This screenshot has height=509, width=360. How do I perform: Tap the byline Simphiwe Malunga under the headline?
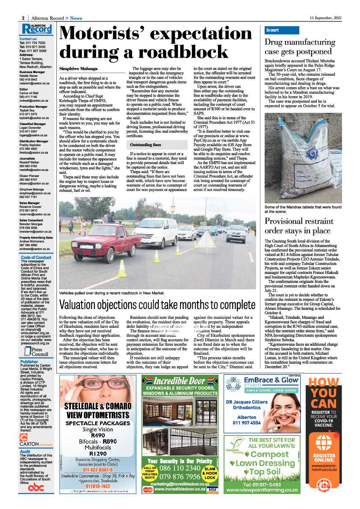point(78,68)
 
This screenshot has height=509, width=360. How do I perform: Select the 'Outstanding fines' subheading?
point(145,145)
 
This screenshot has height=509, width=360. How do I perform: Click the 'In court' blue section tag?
point(272,30)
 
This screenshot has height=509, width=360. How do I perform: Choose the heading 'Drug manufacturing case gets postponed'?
point(304,47)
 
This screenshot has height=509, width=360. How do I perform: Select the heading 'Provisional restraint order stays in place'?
point(298,226)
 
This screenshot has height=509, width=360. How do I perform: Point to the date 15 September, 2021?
point(326,18)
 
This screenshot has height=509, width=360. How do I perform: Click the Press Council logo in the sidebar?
point(36,352)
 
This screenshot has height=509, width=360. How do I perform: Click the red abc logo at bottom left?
point(36,488)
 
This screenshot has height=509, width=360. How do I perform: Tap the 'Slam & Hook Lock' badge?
point(210,472)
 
